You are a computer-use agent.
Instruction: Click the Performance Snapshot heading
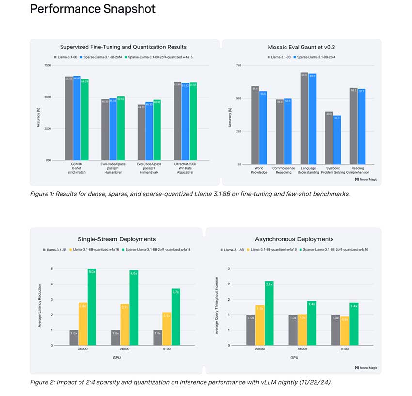[93, 9]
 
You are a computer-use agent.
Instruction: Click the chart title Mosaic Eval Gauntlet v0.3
[301, 47]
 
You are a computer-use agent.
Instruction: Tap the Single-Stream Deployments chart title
[116, 239]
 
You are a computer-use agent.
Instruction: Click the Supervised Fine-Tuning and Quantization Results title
[123, 47]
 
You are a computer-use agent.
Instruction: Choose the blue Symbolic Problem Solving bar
[337, 140]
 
